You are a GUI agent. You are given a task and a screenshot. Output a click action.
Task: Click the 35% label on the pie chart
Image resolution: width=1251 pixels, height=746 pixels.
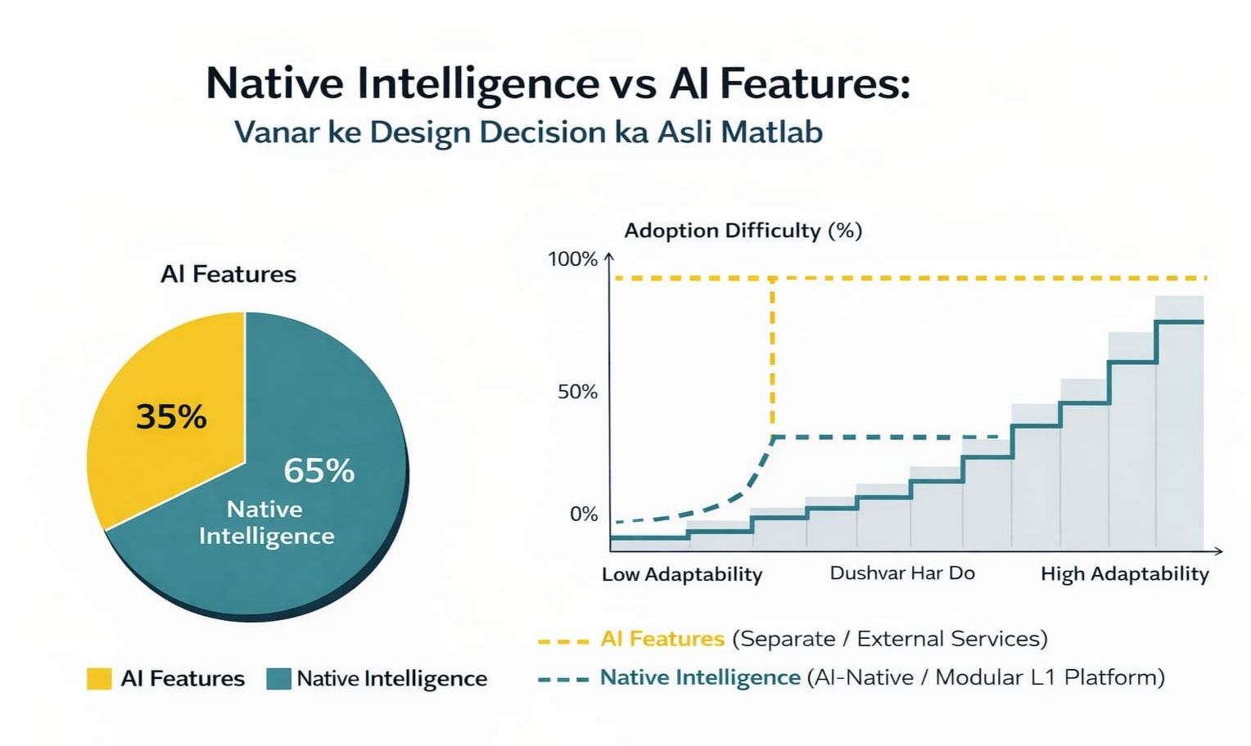coord(171,417)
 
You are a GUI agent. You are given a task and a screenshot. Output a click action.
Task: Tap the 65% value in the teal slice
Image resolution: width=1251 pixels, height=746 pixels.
coord(319,470)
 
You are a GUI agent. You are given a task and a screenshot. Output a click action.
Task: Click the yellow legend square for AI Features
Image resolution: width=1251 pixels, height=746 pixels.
coord(99,679)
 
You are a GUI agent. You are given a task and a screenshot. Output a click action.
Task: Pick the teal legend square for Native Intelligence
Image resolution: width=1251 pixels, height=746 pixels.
coord(278,679)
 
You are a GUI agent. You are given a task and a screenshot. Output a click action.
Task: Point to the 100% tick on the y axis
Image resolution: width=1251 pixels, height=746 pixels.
coord(572,259)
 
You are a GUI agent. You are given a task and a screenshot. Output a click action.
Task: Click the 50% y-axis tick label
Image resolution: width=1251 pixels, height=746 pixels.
coord(577,392)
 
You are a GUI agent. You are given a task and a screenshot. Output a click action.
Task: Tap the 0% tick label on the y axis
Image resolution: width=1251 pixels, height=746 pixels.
coord(584,514)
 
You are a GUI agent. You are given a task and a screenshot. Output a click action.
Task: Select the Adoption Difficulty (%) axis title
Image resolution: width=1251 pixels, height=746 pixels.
coord(743,231)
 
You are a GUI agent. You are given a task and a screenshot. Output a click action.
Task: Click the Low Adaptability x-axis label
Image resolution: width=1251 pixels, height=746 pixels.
coord(682,574)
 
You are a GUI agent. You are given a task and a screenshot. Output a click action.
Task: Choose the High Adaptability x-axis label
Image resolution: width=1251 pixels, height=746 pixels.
coord(1124,574)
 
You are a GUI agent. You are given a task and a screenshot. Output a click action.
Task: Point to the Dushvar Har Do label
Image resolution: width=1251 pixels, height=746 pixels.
coord(902,573)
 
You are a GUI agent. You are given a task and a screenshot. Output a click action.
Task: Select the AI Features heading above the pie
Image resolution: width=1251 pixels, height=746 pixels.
coord(228,274)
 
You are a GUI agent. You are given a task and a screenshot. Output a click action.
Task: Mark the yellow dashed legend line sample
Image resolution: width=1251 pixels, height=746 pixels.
coord(563,641)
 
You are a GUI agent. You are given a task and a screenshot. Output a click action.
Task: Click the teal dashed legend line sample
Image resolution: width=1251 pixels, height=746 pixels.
coord(563,679)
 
